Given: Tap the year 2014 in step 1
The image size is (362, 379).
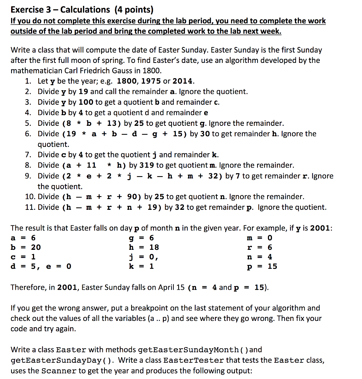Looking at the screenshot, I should [183, 81].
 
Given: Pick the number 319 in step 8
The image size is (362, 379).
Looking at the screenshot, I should [146, 165].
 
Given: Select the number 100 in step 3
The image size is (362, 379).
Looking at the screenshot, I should [86, 102].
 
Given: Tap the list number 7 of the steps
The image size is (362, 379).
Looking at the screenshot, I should [28, 155].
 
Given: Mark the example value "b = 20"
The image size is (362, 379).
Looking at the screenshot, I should [26, 247].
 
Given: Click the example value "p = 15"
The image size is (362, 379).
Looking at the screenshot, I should [262, 266].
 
